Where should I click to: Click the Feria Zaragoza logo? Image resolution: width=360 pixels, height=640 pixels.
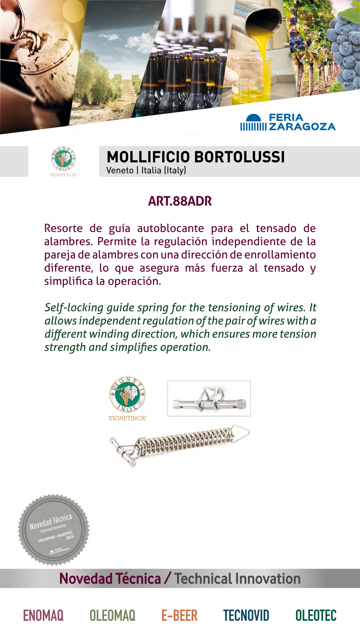click(x=288, y=122)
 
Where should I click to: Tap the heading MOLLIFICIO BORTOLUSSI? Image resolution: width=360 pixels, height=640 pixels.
click(x=196, y=157)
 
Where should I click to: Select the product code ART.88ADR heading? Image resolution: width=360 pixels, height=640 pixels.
click(x=180, y=201)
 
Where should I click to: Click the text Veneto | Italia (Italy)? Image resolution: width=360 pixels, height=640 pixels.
click(x=146, y=170)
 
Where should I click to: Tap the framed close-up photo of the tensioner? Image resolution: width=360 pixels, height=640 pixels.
click(x=209, y=398)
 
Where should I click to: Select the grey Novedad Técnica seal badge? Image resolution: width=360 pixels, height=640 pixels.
click(x=54, y=530)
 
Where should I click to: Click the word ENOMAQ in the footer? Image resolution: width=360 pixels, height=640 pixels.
click(x=43, y=615)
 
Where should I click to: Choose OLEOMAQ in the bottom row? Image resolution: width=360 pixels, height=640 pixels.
click(x=113, y=615)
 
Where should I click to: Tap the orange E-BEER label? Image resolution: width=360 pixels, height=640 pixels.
click(x=179, y=615)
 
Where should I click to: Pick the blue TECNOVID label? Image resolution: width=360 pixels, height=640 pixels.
click(x=246, y=615)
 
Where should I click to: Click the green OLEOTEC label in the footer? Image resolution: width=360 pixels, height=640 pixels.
click(x=316, y=615)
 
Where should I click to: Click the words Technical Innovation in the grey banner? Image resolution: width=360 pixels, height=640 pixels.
click(x=237, y=579)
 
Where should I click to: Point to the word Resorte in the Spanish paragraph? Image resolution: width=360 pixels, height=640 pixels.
click(x=63, y=228)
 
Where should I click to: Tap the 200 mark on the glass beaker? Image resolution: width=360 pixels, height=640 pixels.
click(x=253, y=80)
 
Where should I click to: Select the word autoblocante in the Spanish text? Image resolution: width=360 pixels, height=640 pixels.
click(x=170, y=228)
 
